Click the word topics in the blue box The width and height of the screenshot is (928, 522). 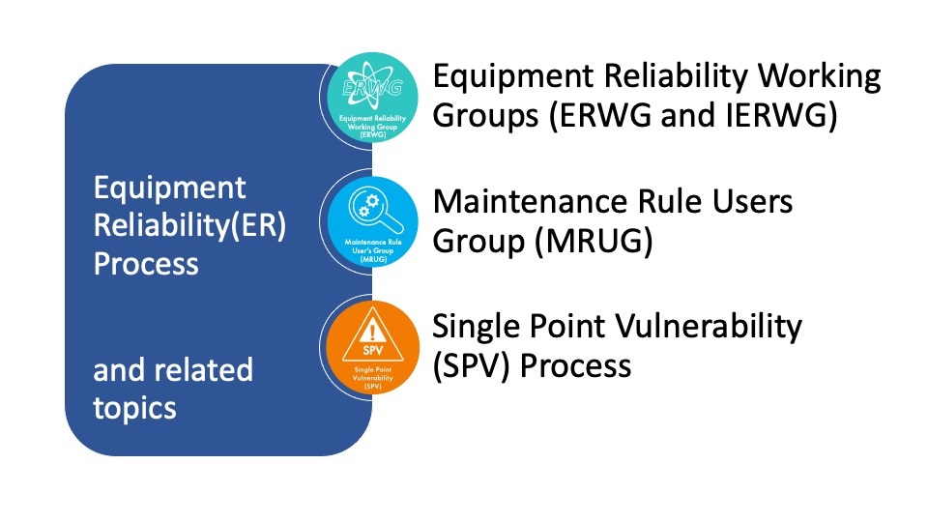(134, 407)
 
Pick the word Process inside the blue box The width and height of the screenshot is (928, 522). (146, 263)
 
